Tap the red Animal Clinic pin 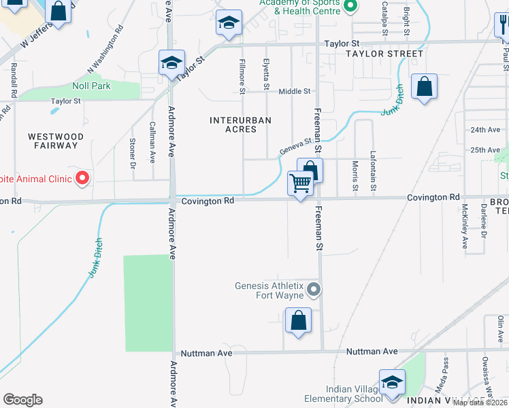click(82, 179)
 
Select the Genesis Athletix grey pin click(313, 290)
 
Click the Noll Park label click(91, 86)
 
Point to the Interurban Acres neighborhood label click(240, 125)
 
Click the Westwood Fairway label click(56, 141)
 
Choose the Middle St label click(294, 91)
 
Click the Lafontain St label click(373, 170)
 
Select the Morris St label click(355, 175)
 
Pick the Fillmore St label click(242, 71)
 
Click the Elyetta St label click(266, 73)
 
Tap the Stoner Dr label click(132, 153)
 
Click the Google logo click(22, 400)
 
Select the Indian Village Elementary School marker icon click(392, 382)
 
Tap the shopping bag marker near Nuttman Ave click(298, 321)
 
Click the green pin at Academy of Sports click(350, 8)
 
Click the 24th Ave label click(485, 129)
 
